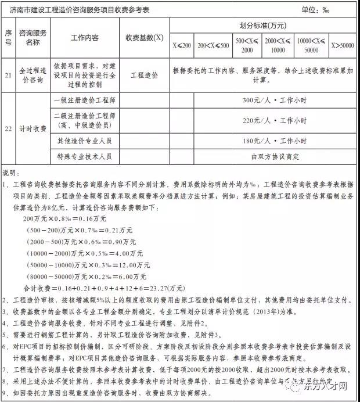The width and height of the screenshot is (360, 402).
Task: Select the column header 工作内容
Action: tap(84, 38)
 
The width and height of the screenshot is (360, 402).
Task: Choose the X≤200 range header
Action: tap(181, 45)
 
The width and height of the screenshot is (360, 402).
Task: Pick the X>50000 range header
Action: tap(343, 45)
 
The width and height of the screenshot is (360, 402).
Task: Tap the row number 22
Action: tap(8, 128)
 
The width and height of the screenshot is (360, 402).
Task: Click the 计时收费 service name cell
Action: tap(33, 128)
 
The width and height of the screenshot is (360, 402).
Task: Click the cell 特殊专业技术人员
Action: tap(84, 156)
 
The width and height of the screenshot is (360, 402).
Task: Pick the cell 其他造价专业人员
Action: tap(84, 141)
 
